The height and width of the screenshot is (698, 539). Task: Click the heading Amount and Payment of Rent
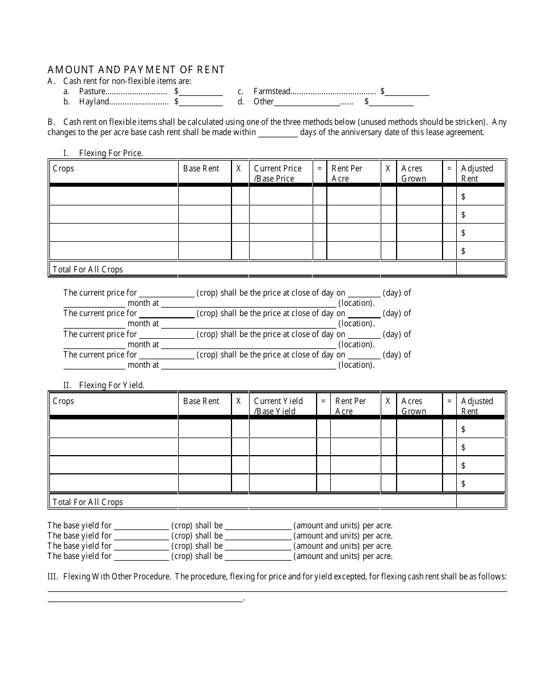click(x=136, y=70)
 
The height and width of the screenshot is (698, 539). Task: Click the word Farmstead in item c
click(x=272, y=91)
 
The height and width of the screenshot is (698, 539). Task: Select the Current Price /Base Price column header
click(x=277, y=174)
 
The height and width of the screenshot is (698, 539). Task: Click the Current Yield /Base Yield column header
click(x=278, y=406)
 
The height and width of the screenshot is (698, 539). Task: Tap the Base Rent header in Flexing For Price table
click(x=201, y=169)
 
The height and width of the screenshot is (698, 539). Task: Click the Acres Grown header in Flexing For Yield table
click(x=413, y=406)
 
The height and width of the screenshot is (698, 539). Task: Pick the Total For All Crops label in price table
click(x=87, y=270)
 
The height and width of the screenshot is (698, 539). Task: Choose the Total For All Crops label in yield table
click(x=87, y=502)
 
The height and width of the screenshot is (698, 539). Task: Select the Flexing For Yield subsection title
click(x=112, y=385)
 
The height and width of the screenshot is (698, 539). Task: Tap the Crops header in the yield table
click(x=64, y=401)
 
